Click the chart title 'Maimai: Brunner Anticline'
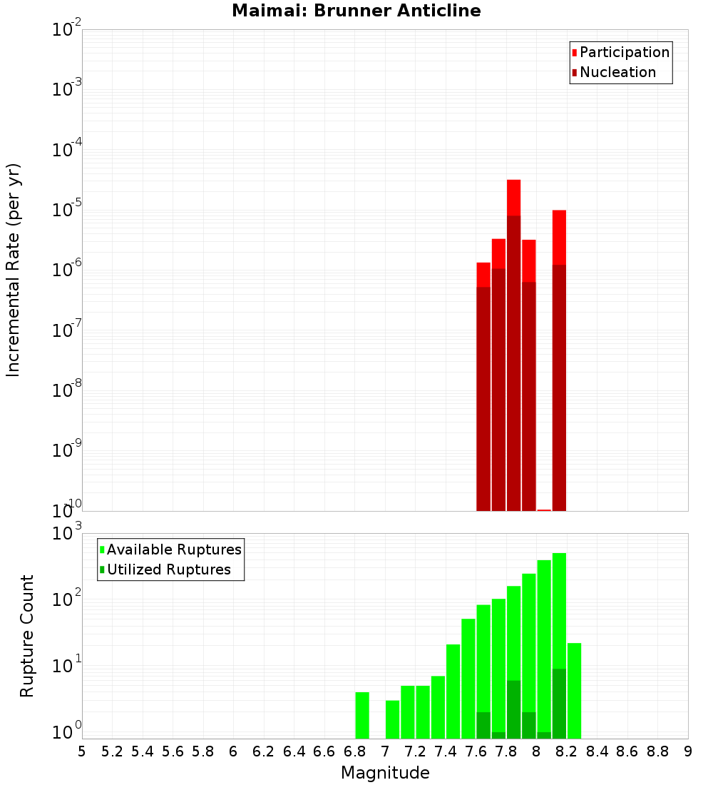click(x=356, y=11)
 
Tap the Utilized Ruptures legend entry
click(x=168, y=569)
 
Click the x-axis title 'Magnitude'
click(x=385, y=773)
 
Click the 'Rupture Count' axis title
click(x=27, y=636)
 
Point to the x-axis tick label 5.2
click(x=112, y=751)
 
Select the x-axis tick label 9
click(x=688, y=751)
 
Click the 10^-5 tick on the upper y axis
click(x=66, y=210)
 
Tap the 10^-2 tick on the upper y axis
click(x=66, y=30)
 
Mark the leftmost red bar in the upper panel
click(x=483, y=386)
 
